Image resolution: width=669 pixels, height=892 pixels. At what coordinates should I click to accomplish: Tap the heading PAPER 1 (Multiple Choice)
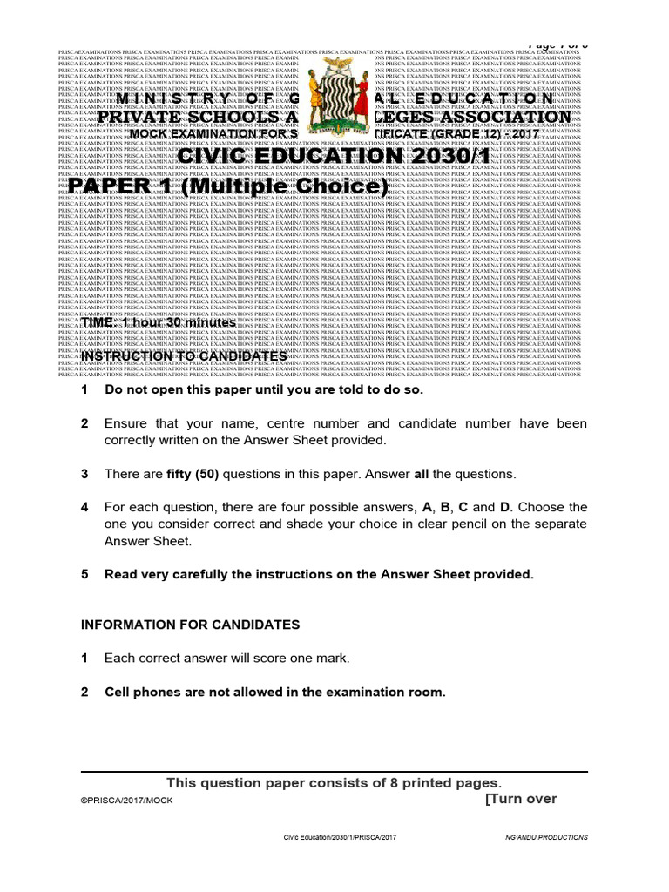tap(228, 188)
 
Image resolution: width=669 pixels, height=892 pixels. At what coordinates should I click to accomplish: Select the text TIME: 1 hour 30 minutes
tap(158, 322)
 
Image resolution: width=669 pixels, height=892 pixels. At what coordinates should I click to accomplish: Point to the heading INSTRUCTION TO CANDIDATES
tap(183, 356)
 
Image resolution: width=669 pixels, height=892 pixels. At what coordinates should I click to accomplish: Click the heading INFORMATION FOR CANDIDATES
tap(190, 625)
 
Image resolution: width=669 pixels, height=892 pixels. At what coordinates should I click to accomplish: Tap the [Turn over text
tap(520, 799)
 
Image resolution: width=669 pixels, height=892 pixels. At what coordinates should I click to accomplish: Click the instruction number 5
tap(84, 574)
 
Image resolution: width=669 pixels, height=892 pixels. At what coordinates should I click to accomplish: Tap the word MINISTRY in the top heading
tap(178, 99)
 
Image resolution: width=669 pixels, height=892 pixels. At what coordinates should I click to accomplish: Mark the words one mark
tap(320, 659)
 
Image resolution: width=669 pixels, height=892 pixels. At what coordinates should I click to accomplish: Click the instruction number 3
tap(84, 474)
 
